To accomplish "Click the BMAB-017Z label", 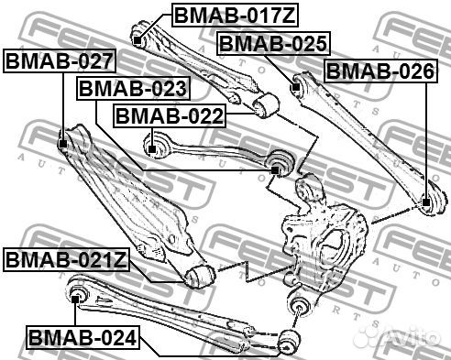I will [x=222, y=15].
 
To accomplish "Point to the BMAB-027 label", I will [x=60, y=62].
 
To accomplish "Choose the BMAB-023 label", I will [x=133, y=89].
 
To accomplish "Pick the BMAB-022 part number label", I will [x=168, y=116].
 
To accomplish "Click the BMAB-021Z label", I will [x=66, y=259].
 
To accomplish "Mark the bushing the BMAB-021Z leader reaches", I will [x=197, y=275].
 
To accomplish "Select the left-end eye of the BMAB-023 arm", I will [x=154, y=144].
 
